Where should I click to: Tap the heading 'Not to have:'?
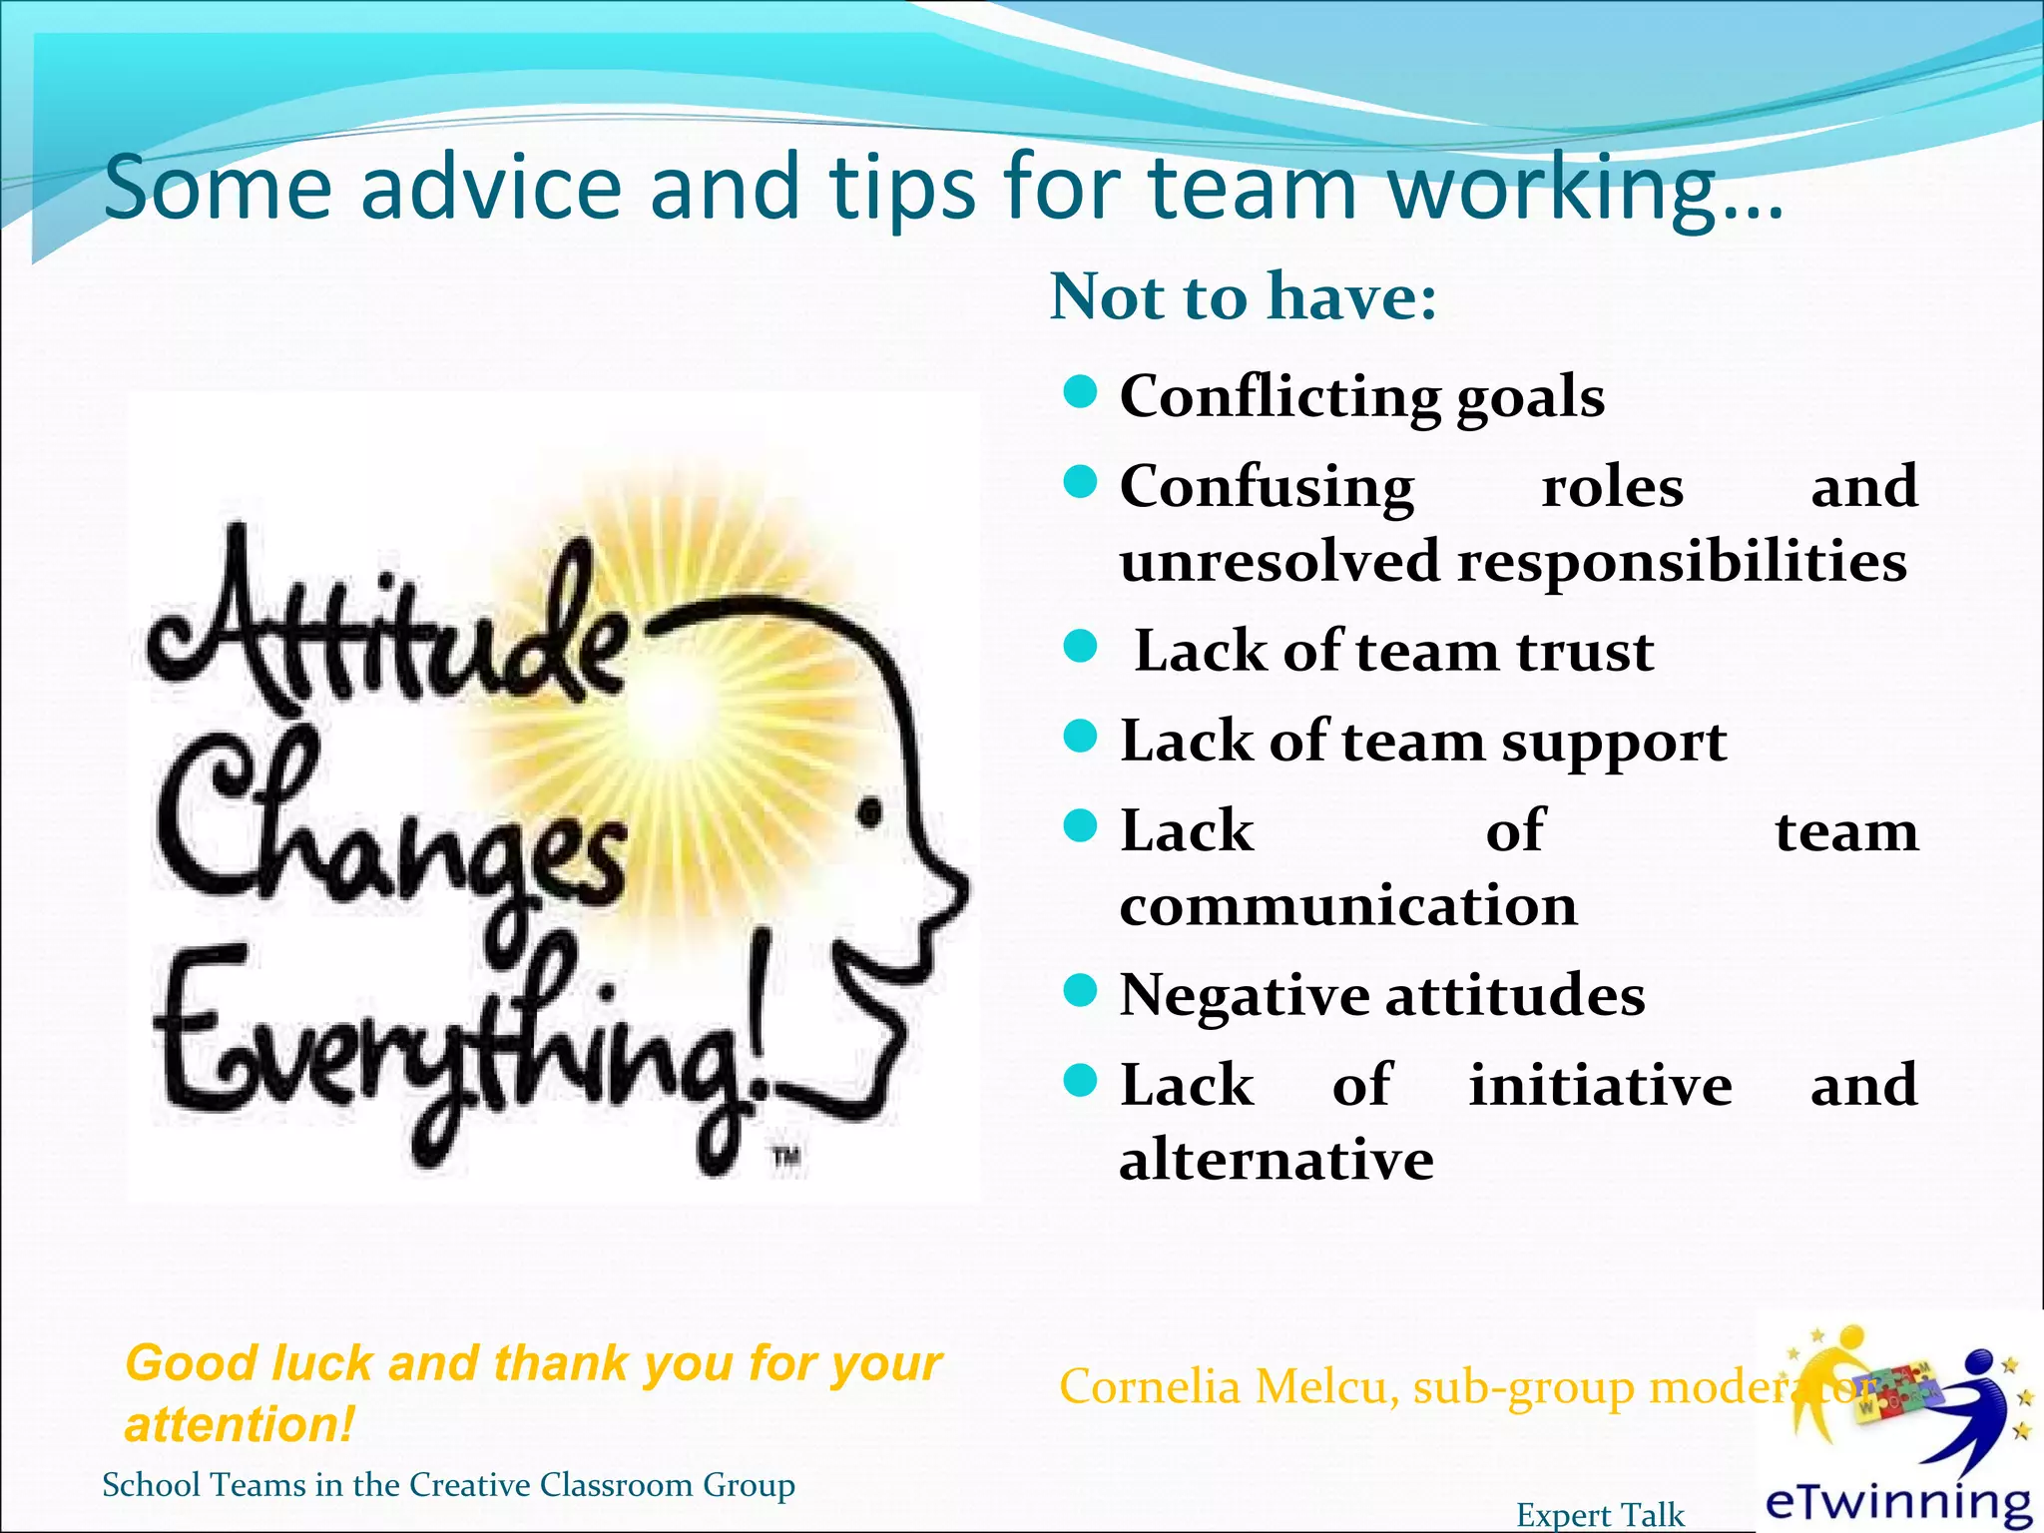(x=1244, y=296)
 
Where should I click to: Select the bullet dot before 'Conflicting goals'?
(x=1080, y=392)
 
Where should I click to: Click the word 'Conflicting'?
(x=1279, y=396)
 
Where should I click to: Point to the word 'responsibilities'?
(x=1682, y=561)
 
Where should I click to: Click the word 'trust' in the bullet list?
(x=1585, y=652)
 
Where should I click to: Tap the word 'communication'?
(x=1348, y=906)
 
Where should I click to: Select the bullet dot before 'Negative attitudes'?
(x=1080, y=991)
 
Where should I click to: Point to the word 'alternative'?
(x=1277, y=1160)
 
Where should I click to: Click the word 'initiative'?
(x=1600, y=1086)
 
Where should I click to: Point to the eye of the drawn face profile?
(x=870, y=813)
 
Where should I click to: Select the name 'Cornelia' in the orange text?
(x=1149, y=1387)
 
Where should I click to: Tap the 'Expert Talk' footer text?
(x=1600, y=1515)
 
